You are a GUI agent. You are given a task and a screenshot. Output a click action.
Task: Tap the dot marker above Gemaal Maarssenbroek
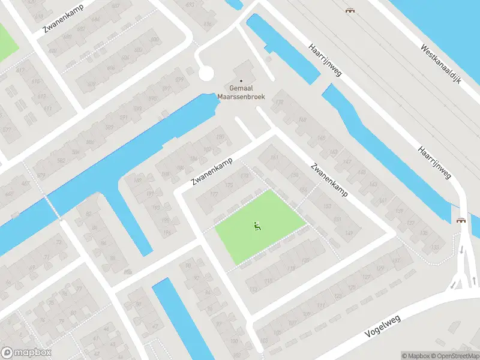pyautogui.click(x=242, y=81)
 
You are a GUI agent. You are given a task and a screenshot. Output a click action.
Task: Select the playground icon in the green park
pyautogui.click(x=257, y=226)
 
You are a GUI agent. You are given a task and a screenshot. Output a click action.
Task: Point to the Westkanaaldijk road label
pyautogui.click(x=440, y=64)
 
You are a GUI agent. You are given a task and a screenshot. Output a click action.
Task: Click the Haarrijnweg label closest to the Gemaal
pyautogui.click(x=325, y=60)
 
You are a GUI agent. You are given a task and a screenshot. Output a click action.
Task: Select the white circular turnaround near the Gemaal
pyautogui.click(x=206, y=74)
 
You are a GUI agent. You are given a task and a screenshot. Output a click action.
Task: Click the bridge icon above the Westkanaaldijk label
pyautogui.click(x=349, y=10)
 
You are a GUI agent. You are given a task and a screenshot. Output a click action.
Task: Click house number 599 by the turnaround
pyautogui.click(x=179, y=79)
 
